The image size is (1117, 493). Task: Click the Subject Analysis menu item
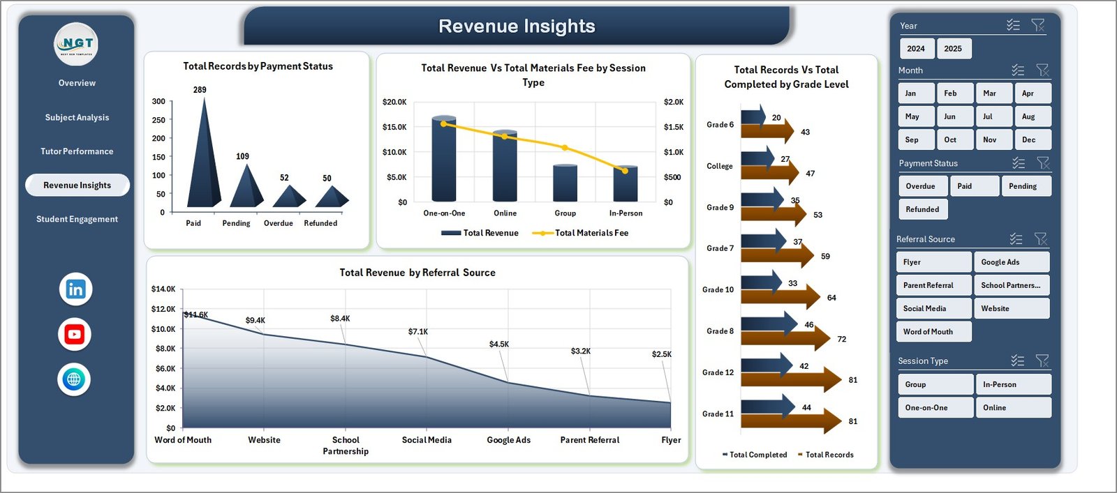pyautogui.click(x=77, y=118)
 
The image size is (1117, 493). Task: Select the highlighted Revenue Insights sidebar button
pyautogui.click(x=77, y=185)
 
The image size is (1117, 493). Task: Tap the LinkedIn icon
pyautogui.click(x=75, y=289)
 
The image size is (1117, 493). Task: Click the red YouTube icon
pyautogui.click(x=75, y=335)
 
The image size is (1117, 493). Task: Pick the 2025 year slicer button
pyautogui.click(x=953, y=49)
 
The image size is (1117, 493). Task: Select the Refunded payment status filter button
pyautogui.click(x=923, y=209)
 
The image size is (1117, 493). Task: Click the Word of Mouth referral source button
pyautogui.click(x=933, y=332)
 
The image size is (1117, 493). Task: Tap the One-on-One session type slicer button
pyautogui.click(x=934, y=408)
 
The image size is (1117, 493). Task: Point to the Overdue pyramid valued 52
pyautogui.click(x=289, y=197)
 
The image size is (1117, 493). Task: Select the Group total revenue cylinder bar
pyautogui.click(x=565, y=183)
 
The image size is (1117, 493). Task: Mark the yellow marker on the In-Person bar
pyautogui.click(x=625, y=170)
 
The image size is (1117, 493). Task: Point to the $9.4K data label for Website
pyautogui.click(x=256, y=321)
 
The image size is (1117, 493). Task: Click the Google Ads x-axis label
pyautogui.click(x=508, y=440)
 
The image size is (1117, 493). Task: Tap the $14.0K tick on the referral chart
pyautogui.click(x=163, y=289)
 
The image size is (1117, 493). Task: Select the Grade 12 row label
pyautogui.click(x=718, y=372)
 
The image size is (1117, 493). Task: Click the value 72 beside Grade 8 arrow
pyautogui.click(x=842, y=340)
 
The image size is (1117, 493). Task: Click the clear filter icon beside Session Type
pyautogui.click(x=1042, y=361)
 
